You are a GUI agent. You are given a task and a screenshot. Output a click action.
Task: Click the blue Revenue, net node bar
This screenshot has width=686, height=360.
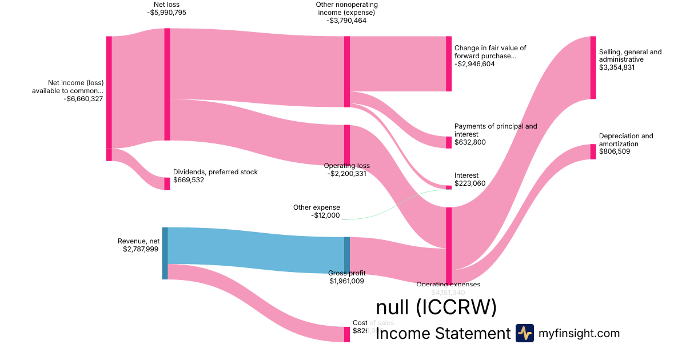pyautogui.click(x=165, y=253)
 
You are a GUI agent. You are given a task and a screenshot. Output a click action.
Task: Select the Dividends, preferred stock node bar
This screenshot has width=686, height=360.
pyautogui.click(x=167, y=183)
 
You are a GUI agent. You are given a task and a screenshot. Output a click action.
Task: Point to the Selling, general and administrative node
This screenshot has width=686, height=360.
pyautogui.click(x=593, y=67)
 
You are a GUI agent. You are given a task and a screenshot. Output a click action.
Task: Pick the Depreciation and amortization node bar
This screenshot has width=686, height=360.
pyautogui.click(x=593, y=151)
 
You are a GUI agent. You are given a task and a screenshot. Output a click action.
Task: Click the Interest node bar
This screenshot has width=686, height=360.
pyautogui.click(x=449, y=187)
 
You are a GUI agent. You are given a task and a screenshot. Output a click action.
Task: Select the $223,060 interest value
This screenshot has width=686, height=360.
pyautogui.click(x=470, y=184)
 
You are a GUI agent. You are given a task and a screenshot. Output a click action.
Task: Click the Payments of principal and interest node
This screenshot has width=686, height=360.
pyautogui.click(x=449, y=142)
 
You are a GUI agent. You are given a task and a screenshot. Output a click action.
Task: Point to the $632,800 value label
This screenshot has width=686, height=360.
pyautogui.click(x=470, y=142)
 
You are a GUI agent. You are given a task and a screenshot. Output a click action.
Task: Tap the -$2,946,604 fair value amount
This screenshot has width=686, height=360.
pyautogui.click(x=474, y=64)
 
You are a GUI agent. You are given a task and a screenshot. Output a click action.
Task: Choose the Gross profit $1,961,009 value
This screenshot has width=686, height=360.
pyautogui.click(x=346, y=281)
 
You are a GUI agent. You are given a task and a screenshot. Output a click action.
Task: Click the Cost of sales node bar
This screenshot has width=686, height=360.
pyautogui.click(x=346, y=334)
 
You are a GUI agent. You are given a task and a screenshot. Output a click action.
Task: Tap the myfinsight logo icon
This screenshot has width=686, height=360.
pyautogui.click(x=524, y=333)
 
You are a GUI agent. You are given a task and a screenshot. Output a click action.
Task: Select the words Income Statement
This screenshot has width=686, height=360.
pyautogui.click(x=442, y=334)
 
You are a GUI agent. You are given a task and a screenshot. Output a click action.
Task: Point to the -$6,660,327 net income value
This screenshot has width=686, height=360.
pyautogui.click(x=83, y=99)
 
